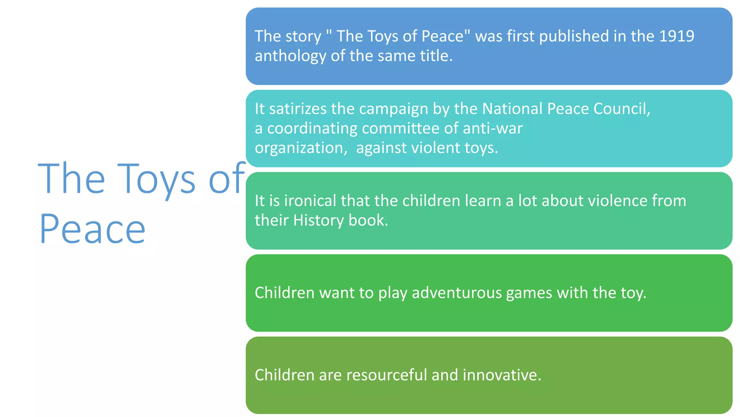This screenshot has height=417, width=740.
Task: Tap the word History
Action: pos(318,220)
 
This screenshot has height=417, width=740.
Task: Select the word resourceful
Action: pos(387,375)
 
